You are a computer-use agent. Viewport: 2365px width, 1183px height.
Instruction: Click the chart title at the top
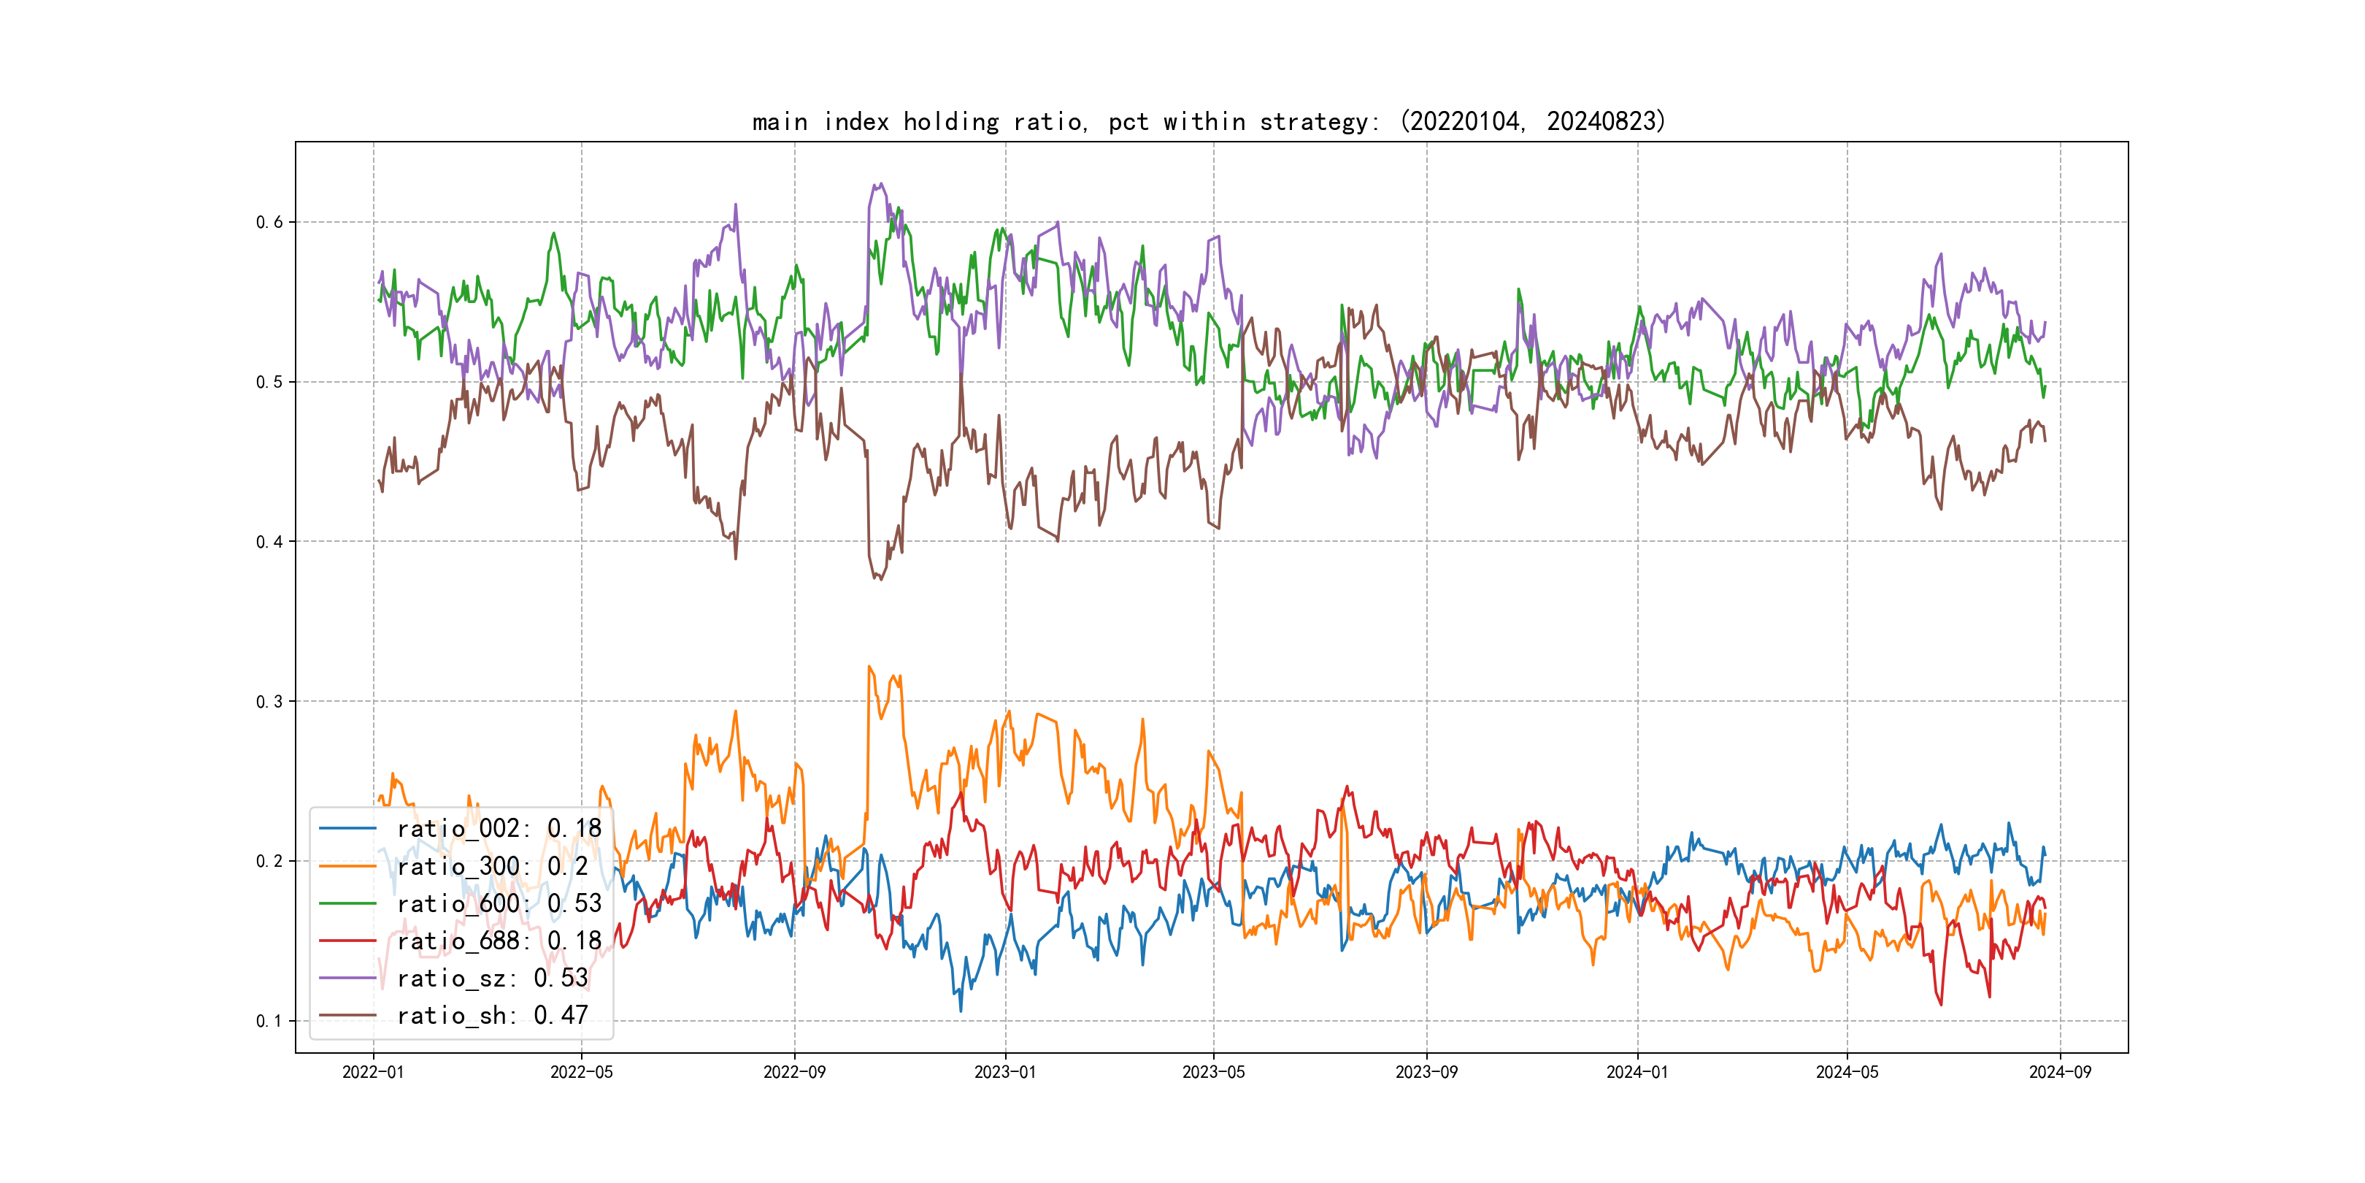coord(1208,121)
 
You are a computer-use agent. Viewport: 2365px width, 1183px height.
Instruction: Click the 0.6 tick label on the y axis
coord(269,222)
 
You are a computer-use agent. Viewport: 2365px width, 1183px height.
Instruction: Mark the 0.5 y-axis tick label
coord(269,382)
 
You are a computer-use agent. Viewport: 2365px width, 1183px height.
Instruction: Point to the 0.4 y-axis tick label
coord(269,542)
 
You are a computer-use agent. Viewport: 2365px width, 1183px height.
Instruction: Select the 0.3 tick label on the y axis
coord(269,702)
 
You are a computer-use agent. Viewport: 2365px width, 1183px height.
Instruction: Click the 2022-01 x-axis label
coord(373,1072)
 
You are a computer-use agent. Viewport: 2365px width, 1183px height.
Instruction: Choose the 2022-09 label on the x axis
coord(794,1072)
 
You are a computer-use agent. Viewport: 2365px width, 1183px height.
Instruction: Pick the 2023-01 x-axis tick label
coord(1005,1072)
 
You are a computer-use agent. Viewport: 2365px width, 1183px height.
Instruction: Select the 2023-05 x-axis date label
coord(1213,1072)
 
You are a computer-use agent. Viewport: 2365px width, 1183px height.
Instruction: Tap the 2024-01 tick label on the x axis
coord(1637,1072)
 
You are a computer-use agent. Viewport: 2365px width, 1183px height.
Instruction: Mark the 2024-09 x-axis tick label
coord(2059,1072)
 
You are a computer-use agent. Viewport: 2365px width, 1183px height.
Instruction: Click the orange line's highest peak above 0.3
coord(869,667)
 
